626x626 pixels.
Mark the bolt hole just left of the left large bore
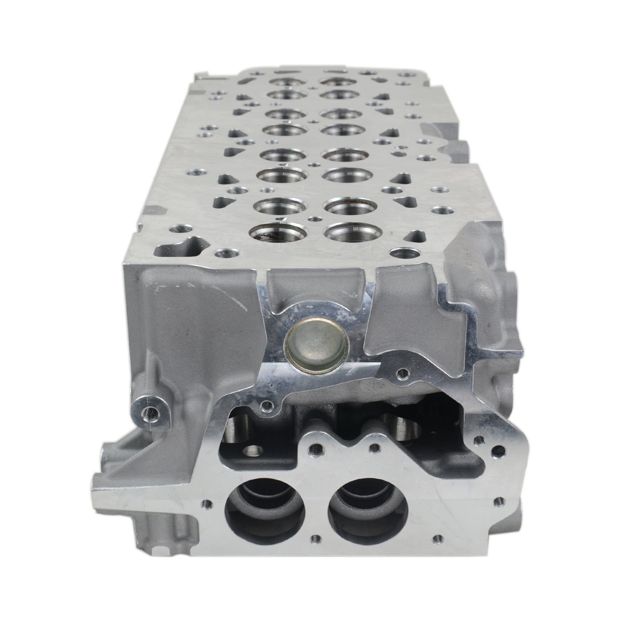point(204,503)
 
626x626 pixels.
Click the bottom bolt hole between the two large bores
point(316,537)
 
